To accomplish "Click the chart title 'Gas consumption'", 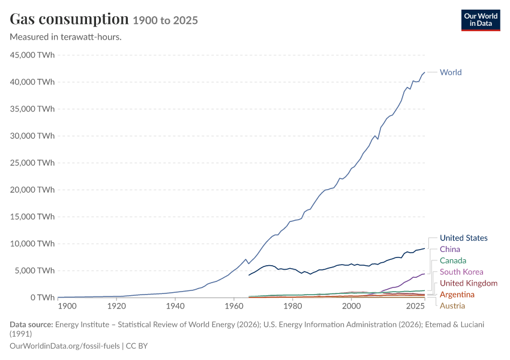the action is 69,19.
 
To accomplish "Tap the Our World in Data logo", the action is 481,20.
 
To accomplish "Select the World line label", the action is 451,72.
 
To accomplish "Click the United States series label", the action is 463,238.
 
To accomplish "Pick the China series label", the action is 450,250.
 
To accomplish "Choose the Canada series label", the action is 453,261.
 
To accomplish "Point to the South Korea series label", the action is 461,272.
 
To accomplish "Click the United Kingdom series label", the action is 469,283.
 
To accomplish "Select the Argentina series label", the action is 457,295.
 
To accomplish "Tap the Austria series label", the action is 452,305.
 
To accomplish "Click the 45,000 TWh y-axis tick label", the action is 32,55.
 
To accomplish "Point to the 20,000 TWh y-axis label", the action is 32,190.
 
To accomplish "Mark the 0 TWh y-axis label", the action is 43,298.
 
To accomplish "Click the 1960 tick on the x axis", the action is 234,306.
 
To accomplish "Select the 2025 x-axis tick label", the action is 415,306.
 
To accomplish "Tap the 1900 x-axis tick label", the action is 67,306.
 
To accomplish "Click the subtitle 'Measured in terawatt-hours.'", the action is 66,37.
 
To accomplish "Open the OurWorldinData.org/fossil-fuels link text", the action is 65,346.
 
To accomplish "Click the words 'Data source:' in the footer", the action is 31,325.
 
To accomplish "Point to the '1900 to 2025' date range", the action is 165,20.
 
